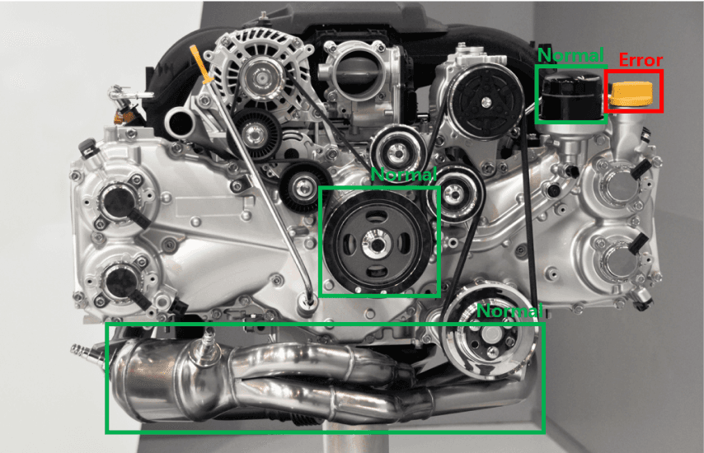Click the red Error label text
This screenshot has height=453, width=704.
[641, 59]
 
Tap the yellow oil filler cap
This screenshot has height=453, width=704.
[631, 94]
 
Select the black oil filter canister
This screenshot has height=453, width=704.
[571, 97]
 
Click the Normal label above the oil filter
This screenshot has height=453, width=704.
[570, 55]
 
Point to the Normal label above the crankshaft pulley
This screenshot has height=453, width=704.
[404, 175]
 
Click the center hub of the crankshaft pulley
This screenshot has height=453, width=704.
[376, 244]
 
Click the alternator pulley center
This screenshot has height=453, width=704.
[260, 78]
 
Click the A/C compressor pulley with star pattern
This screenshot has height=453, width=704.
[486, 102]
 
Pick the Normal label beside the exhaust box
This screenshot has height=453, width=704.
[509, 311]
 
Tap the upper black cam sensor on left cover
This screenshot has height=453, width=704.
[122, 205]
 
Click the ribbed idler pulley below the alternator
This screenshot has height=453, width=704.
[255, 133]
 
